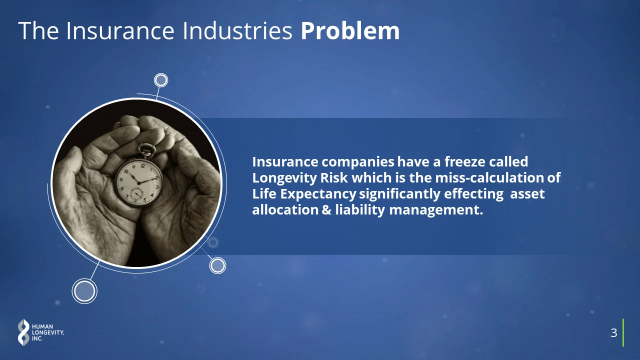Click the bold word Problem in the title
coord(350,31)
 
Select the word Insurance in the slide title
coord(120,31)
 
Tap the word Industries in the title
coord(237,31)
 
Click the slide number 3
coord(613,333)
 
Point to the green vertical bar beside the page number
coord(623,332)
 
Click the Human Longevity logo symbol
coord(23,332)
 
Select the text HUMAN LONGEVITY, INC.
coord(47,332)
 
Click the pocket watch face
coord(139,182)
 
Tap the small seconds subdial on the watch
coord(137,194)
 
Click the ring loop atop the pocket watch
coord(147,149)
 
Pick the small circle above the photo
coord(161,80)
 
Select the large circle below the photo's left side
coord(84,291)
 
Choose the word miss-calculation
coord(489,177)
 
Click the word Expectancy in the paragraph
coord(318,194)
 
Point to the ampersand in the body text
coord(326,210)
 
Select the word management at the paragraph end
coord(436,210)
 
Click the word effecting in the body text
coord(473,194)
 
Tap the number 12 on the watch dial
coord(143,166)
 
